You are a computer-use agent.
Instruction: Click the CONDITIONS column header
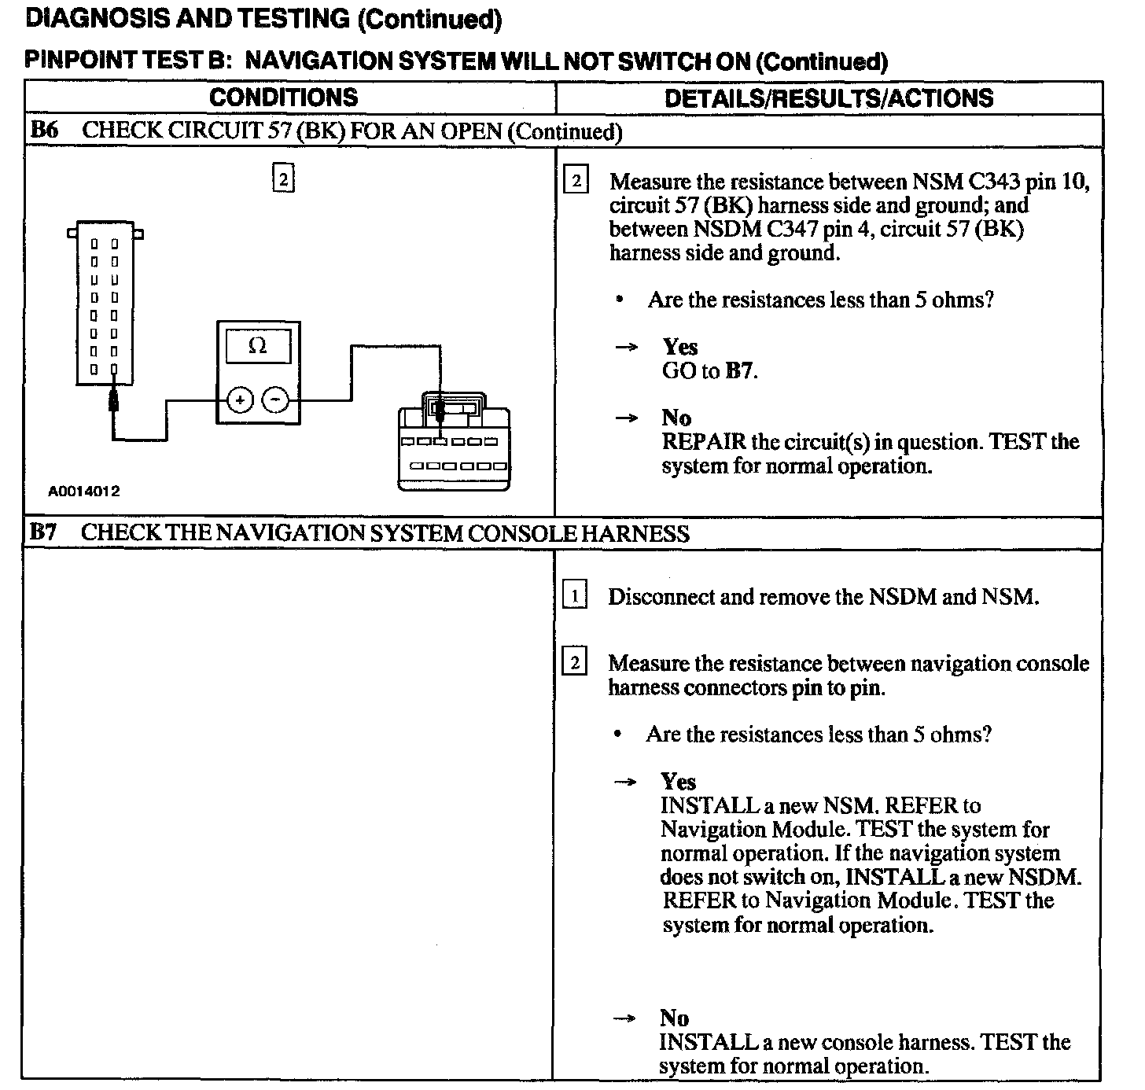pyautogui.click(x=283, y=98)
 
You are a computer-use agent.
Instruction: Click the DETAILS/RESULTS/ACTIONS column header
pyautogui.click(x=828, y=98)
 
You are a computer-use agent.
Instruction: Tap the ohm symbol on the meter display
pyautogui.click(x=257, y=346)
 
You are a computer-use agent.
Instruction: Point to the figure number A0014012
pyautogui.click(x=84, y=492)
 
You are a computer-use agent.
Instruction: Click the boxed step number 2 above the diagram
pyautogui.click(x=283, y=179)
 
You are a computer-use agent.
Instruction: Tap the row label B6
pyautogui.click(x=44, y=131)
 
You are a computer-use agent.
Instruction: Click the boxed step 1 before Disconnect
pyautogui.click(x=575, y=596)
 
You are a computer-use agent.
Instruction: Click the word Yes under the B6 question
pyautogui.click(x=680, y=347)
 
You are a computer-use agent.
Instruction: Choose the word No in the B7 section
pyautogui.click(x=674, y=1018)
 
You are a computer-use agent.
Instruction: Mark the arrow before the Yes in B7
pyautogui.click(x=625, y=782)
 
